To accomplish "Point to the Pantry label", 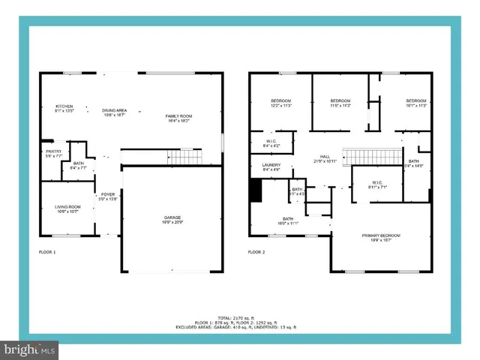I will pyautogui.click(x=53, y=153).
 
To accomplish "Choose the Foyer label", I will pyautogui.click(x=108, y=196).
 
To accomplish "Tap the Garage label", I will pyautogui.click(x=172, y=219).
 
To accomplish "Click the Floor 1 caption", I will pyautogui.click(x=47, y=252).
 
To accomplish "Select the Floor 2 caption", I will pyautogui.click(x=257, y=252).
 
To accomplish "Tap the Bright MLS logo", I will pyautogui.click(x=30, y=350).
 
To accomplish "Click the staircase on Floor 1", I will pyautogui.click(x=184, y=156).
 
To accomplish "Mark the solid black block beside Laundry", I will pyautogui.click(x=256, y=192).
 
